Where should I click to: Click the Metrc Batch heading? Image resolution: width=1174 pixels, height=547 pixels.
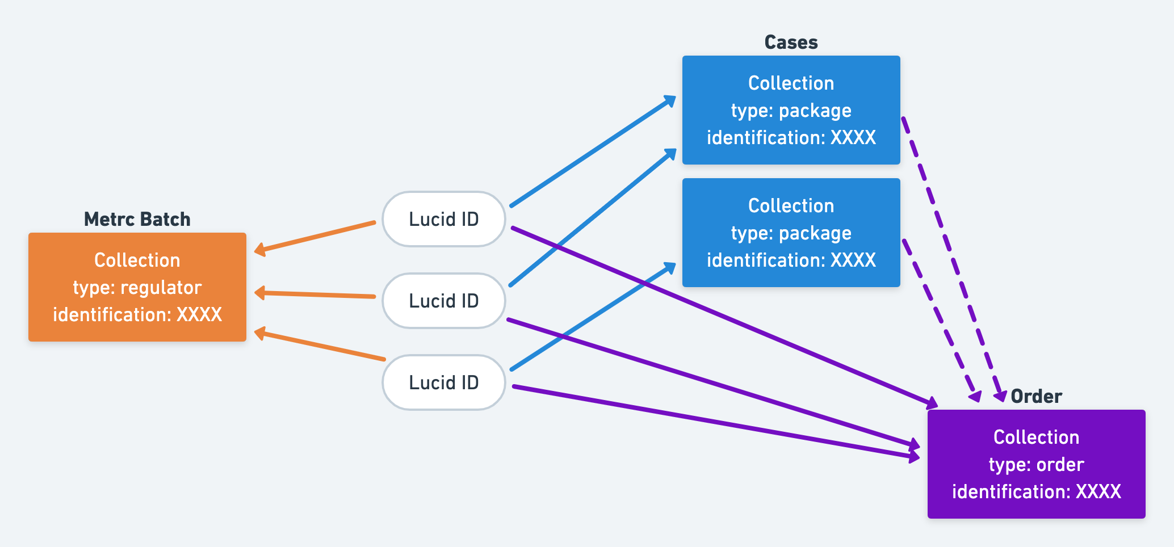(137, 219)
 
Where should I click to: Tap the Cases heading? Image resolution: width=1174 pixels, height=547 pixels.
(791, 42)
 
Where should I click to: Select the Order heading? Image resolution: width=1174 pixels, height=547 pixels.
(1036, 396)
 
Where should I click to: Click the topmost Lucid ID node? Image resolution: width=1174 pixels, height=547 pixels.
(443, 219)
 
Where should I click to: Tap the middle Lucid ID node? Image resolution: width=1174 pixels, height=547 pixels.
(443, 301)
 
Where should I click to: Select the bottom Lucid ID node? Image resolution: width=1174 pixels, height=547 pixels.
(443, 382)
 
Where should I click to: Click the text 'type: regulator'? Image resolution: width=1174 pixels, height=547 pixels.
(137, 288)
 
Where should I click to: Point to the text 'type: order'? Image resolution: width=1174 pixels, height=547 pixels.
(1036, 465)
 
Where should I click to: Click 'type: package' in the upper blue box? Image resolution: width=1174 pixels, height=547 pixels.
(791, 111)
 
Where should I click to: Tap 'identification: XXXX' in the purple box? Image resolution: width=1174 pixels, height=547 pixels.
(1036, 491)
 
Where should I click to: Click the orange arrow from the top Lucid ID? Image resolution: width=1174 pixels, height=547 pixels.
(316, 237)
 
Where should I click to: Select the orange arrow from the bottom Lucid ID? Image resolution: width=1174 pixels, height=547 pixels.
(321, 346)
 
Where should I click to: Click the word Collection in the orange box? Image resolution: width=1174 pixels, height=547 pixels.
(137, 260)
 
